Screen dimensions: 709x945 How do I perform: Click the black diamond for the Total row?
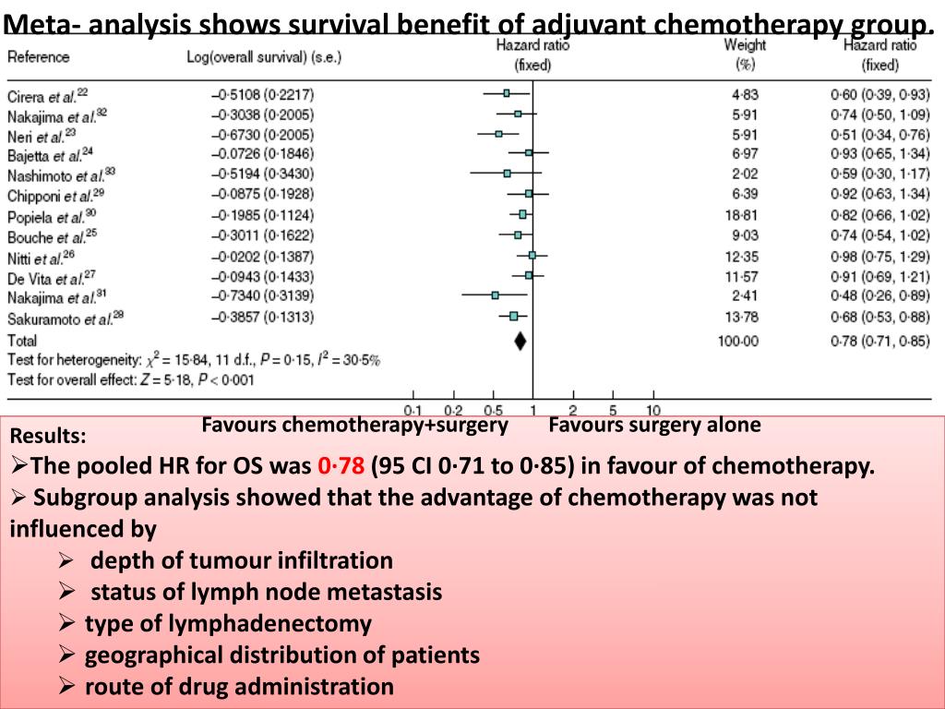520,341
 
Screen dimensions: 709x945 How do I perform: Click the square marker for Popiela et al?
522,214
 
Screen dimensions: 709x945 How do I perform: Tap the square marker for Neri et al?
499,134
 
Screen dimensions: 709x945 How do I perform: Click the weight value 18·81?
744,215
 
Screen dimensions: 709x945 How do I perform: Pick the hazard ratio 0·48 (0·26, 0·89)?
879,296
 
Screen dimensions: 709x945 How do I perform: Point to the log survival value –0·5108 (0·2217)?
262,94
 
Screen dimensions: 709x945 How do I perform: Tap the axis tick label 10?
652,410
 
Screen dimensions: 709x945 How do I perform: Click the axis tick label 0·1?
413,410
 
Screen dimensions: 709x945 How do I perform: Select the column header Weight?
745,44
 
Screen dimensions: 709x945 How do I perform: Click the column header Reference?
38,57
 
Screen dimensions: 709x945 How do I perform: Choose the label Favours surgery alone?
654,426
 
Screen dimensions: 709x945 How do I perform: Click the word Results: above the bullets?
49,436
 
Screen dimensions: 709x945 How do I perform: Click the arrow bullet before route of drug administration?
66,687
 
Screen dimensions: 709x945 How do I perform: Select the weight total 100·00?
738,341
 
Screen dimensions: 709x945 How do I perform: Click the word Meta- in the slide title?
44,21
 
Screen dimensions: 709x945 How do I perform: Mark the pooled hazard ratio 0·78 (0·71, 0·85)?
879,341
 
